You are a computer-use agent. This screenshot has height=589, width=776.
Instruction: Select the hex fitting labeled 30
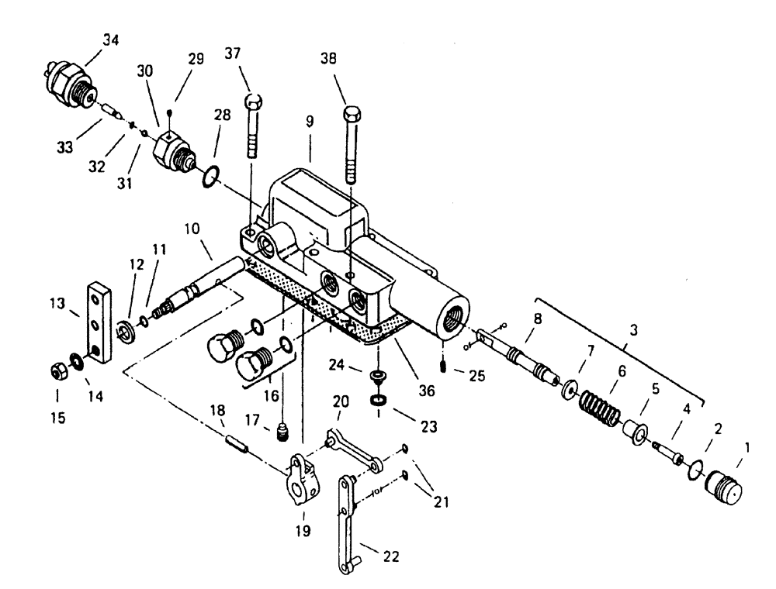tap(173, 146)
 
